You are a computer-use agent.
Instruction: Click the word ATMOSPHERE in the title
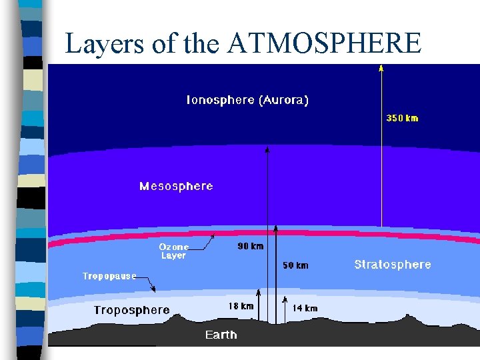point(325,44)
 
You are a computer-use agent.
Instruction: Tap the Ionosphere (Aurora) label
point(247,100)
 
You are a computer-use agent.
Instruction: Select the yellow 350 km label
point(403,118)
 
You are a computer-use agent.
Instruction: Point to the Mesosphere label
point(176,186)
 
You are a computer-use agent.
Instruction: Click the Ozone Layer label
point(174,251)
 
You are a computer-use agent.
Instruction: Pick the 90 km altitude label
point(251,246)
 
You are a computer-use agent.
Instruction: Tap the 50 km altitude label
point(295,265)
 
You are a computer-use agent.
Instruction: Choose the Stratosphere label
point(393,265)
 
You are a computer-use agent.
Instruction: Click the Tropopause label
point(109,276)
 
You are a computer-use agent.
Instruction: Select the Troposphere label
point(131,310)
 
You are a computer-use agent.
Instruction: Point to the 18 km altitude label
point(241,306)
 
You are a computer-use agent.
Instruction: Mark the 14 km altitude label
point(305,308)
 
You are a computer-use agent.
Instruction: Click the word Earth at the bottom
point(221,335)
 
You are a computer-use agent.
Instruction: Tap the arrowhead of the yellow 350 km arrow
point(381,67)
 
